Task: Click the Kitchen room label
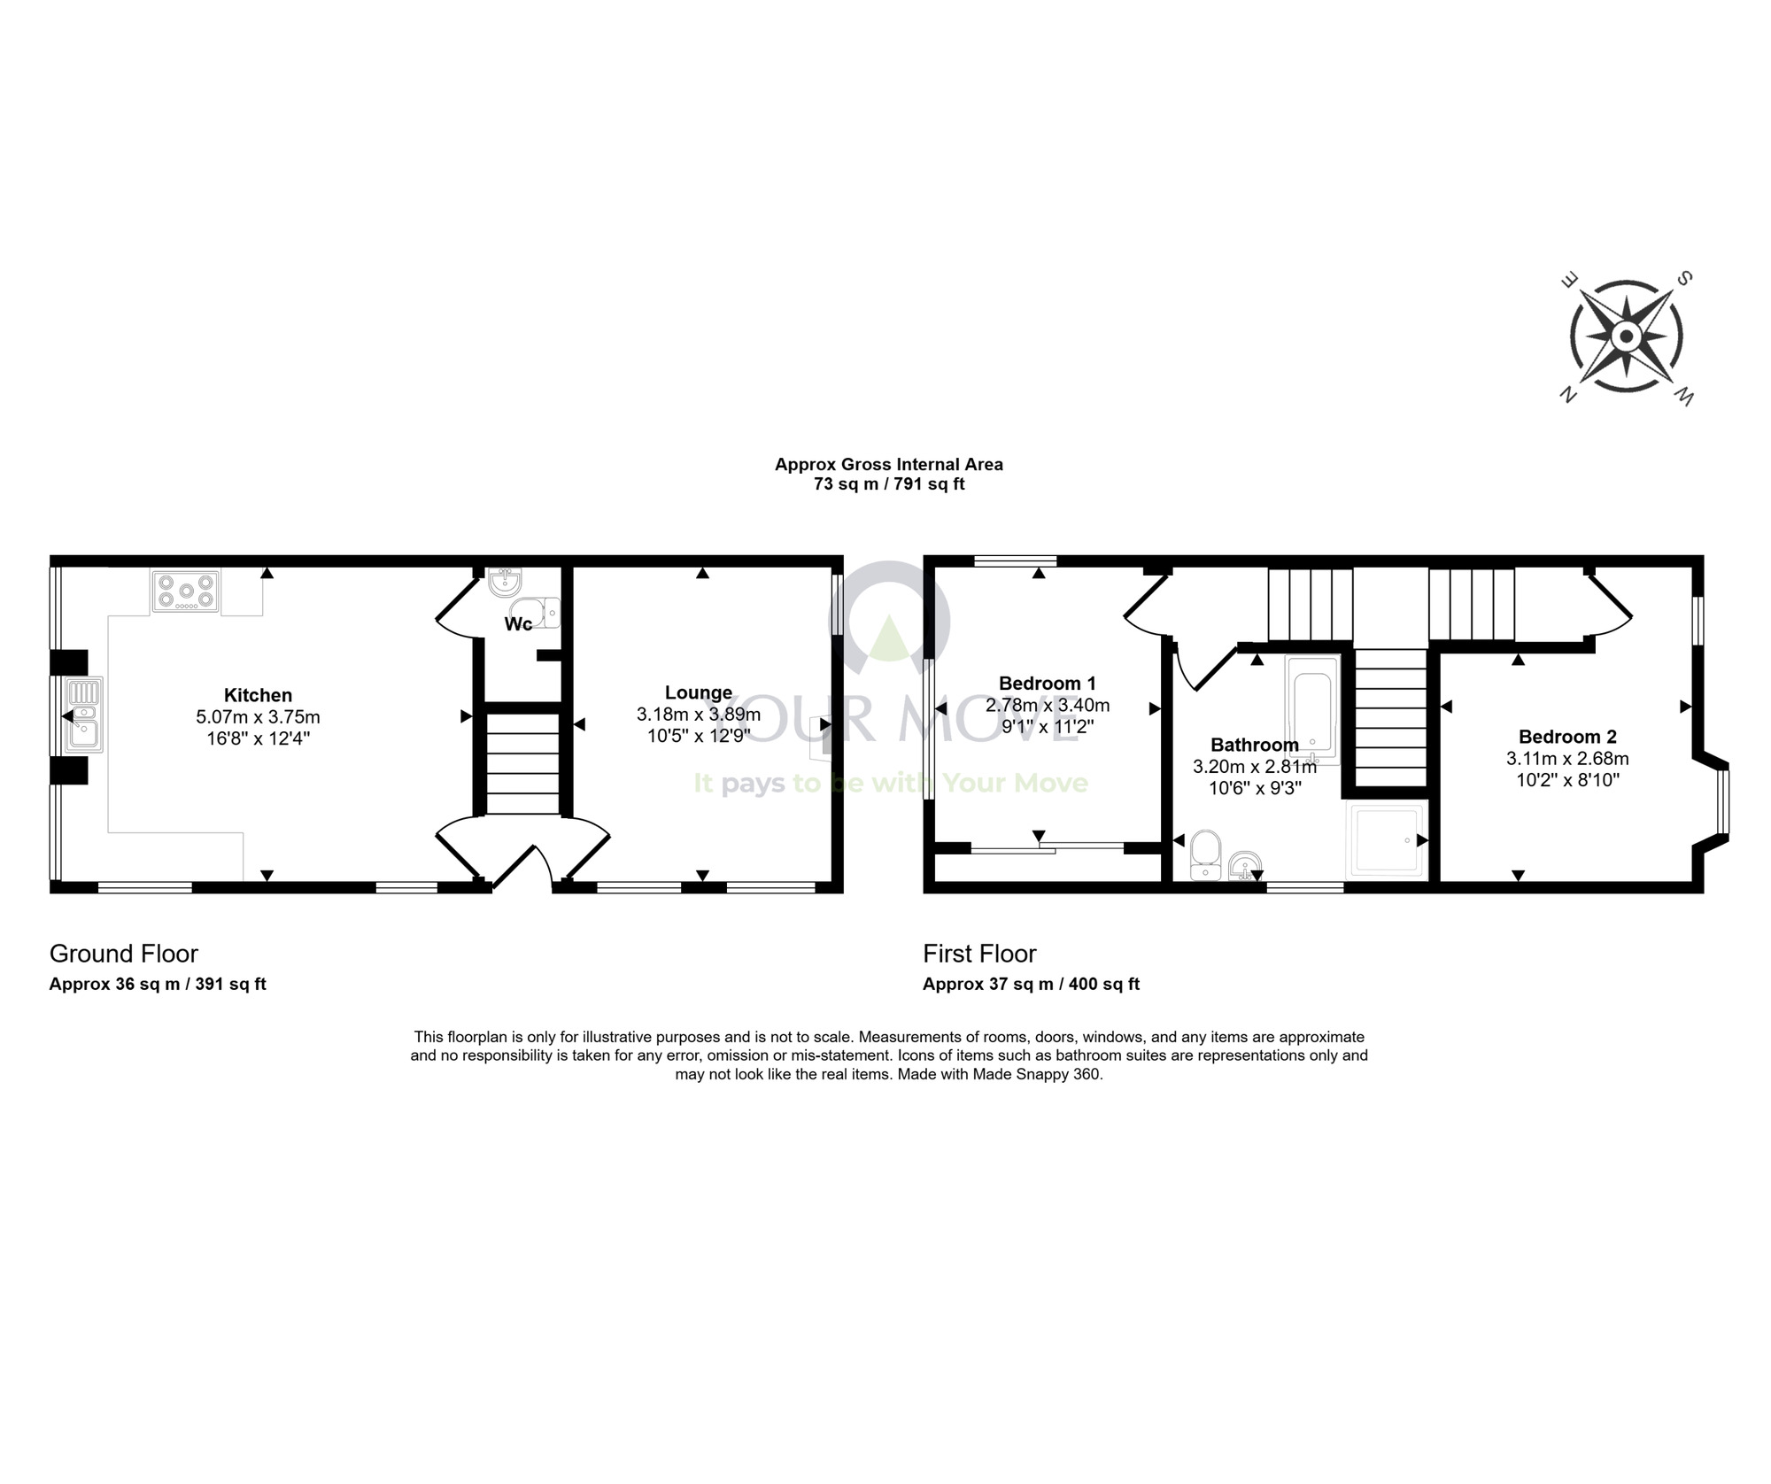(x=258, y=695)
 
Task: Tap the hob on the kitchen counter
(x=186, y=592)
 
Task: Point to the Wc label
(x=518, y=624)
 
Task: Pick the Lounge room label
(x=699, y=692)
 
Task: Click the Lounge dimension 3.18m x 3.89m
(x=699, y=715)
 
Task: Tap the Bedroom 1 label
(x=1048, y=684)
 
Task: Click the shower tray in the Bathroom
(x=1386, y=842)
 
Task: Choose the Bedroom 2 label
(x=1567, y=737)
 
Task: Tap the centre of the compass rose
(x=1626, y=336)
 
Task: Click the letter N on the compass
(x=1568, y=395)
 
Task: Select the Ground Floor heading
(x=124, y=954)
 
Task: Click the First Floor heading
(x=979, y=954)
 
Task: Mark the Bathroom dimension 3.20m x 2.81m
(x=1255, y=767)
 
